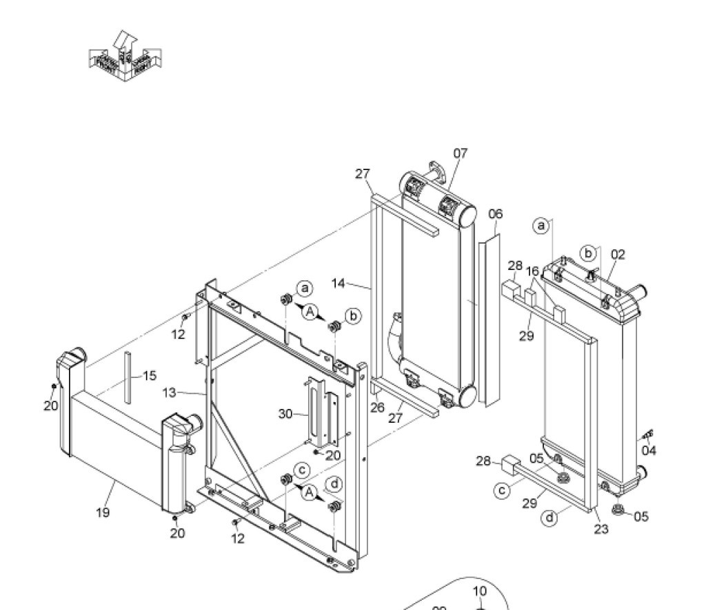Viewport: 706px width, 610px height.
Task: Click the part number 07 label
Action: click(x=461, y=153)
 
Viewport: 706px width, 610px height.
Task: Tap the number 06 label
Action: click(x=496, y=214)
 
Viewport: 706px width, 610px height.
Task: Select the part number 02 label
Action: click(x=618, y=254)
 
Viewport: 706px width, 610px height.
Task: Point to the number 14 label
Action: click(x=339, y=283)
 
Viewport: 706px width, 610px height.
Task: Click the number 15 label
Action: click(x=150, y=376)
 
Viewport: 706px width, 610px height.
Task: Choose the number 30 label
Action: click(x=286, y=414)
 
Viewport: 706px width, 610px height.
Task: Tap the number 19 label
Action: click(x=103, y=512)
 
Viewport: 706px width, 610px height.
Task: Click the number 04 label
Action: click(x=649, y=450)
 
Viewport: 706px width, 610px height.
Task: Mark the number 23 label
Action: click(x=601, y=529)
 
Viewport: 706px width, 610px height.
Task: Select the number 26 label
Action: click(x=376, y=408)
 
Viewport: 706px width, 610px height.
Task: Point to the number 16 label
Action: click(x=532, y=271)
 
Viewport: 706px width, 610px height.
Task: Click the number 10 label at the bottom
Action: click(x=480, y=591)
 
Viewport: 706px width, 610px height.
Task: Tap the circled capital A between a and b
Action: click(x=310, y=313)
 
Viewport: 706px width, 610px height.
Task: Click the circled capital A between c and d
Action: click(x=310, y=492)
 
